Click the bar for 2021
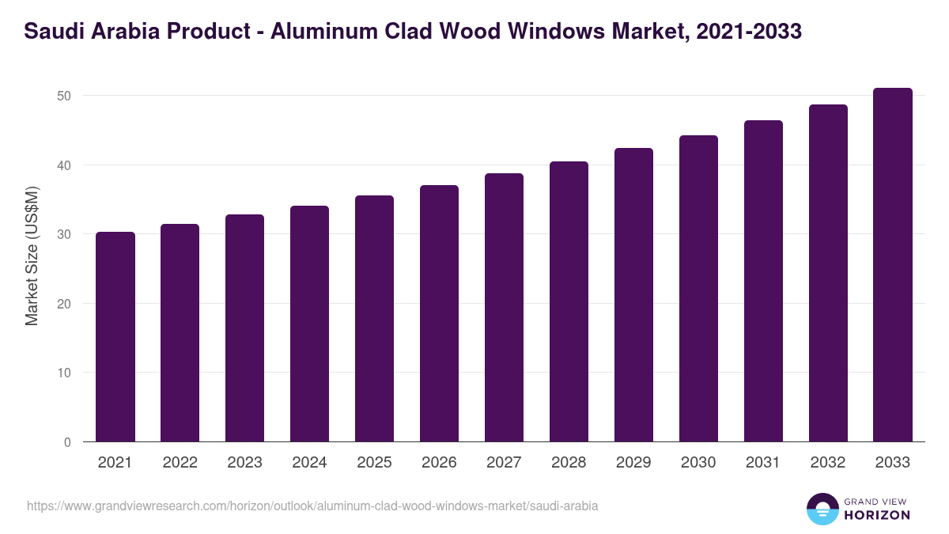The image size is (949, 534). click(x=115, y=337)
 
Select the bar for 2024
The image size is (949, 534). click(x=309, y=324)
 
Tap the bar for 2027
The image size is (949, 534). click(x=504, y=308)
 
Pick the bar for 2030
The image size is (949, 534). click(x=698, y=289)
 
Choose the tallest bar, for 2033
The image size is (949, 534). click(x=893, y=265)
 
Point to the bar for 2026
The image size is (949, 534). click(x=439, y=313)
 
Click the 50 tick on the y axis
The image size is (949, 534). click(x=64, y=96)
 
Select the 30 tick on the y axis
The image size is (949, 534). click(x=64, y=234)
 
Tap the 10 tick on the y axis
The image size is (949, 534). click(x=64, y=373)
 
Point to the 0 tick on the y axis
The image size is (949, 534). click(x=67, y=442)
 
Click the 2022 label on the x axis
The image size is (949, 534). click(x=180, y=463)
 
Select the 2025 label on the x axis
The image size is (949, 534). click(x=374, y=463)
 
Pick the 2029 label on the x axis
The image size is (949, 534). click(x=633, y=463)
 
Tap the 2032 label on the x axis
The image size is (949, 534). click(x=828, y=463)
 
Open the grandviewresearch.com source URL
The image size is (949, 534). click(x=312, y=506)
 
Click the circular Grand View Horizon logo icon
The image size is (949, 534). click(x=822, y=509)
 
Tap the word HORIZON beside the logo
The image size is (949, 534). click(x=877, y=515)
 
